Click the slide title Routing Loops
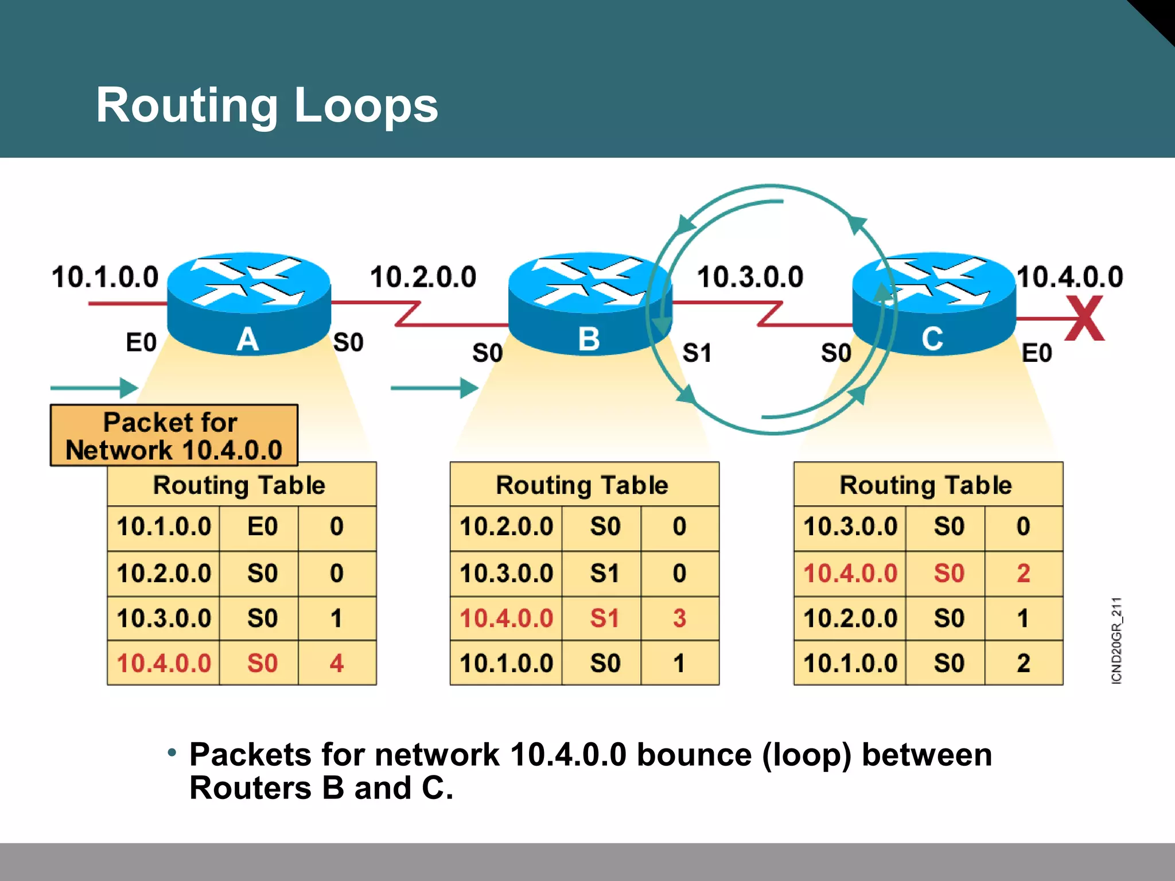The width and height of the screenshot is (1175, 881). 267,105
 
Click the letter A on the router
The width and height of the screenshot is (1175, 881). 247,339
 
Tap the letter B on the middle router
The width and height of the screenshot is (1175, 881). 589,339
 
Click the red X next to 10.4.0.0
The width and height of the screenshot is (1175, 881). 1084,318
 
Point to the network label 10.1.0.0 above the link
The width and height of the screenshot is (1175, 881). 105,277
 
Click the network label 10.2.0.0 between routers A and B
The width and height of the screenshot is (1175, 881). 423,277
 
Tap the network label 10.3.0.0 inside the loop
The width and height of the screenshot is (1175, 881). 750,277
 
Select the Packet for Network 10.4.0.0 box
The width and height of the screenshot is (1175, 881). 174,436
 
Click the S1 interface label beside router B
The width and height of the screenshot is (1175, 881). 697,353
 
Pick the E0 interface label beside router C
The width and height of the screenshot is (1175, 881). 1037,353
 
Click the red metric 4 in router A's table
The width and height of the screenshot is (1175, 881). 337,664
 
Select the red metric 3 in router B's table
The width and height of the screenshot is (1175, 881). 679,618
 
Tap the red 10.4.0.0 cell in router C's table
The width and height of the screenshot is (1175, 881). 850,573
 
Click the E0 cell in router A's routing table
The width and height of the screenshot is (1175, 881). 262,527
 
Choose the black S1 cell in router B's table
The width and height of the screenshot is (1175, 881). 605,573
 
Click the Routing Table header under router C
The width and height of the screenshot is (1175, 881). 925,485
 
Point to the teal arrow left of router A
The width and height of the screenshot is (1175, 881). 95,388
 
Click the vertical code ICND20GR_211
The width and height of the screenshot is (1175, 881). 1116,640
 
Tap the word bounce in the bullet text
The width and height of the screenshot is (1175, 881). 694,754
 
